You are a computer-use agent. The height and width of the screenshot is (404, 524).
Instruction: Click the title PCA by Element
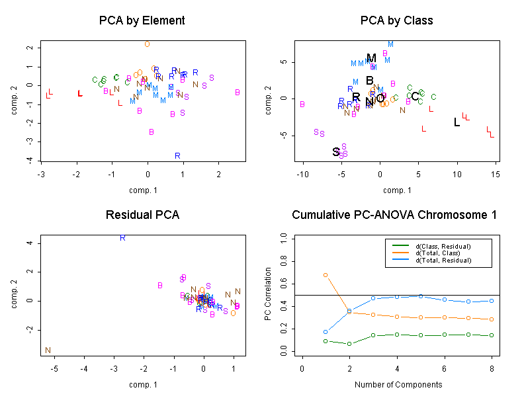pyautogui.click(x=142, y=20)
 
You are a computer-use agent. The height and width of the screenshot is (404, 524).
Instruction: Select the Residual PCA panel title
pyautogui.click(x=142, y=215)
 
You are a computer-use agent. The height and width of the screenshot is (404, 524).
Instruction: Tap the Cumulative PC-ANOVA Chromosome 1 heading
pyautogui.click(x=394, y=215)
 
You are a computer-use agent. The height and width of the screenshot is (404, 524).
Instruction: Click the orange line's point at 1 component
pyautogui.click(x=326, y=274)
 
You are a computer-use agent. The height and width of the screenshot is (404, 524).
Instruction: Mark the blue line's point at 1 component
pyautogui.click(x=326, y=332)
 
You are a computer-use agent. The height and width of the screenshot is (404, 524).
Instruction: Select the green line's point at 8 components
pyautogui.click(x=492, y=335)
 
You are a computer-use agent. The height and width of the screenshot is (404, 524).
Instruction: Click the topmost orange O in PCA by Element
pyautogui.click(x=147, y=44)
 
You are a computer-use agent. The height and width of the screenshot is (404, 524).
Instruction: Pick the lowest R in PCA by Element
pyautogui.click(x=177, y=155)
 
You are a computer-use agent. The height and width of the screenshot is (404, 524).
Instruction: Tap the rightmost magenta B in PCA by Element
pyautogui.click(x=237, y=92)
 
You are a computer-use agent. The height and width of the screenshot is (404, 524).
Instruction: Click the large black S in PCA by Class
pyautogui.click(x=337, y=152)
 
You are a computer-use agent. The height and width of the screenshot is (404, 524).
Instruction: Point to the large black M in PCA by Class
pyautogui.click(x=371, y=58)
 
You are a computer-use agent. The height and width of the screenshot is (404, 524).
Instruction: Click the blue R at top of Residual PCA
pyautogui.click(x=122, y=237)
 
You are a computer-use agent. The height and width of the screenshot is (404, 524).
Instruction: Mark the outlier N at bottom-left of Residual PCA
pyautogui.click(x=48, y=350)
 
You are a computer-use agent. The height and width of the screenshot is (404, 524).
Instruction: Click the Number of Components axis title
pyautogui.click(x=398, y=384)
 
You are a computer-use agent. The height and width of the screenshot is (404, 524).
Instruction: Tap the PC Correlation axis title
pyautogui.click(x=268, y=294)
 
